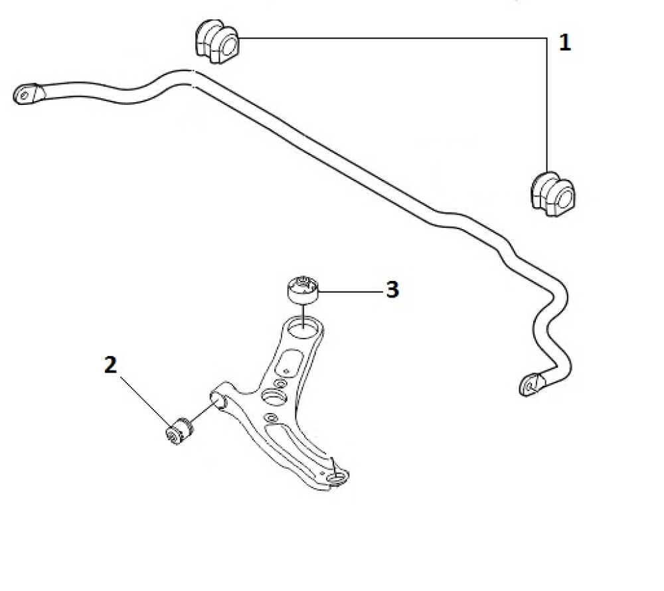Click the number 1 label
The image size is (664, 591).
pos(564,44)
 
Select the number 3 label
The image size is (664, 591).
pos(392,290)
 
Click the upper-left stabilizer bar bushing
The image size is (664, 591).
pos(216,43)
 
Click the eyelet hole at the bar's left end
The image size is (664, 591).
pos(25,95)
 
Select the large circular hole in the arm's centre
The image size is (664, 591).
pos(273,397)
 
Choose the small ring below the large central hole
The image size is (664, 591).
pos(270,418)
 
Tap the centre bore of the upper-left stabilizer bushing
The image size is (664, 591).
pos(228,46)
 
